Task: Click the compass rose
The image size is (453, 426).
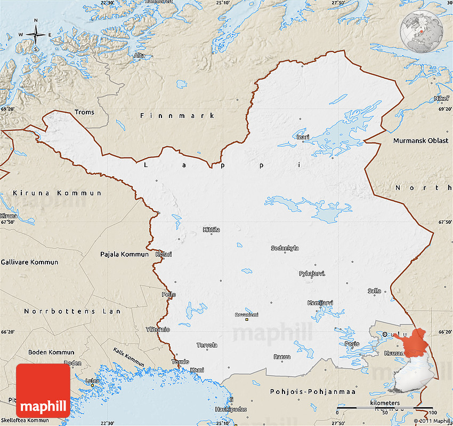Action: pyautogui.click(x=36, y=35)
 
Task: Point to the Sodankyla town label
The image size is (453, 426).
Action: pyautogui.click(x=285, y=248)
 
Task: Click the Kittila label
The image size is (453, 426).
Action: pyautogui.click(x=211, y=230)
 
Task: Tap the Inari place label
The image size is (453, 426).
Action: pyautogui.click(x=303, y=137)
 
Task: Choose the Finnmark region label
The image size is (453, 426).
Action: pyautogui.click(x=177, y=115)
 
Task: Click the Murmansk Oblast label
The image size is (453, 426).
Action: pyautogui.click(x=420, y=140)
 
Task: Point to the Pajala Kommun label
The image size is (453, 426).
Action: pyautogui.click(x=124, y=254)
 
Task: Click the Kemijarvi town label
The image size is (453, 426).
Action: pyautogui.click(x=320, y=303)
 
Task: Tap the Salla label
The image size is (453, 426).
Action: pyautogui.click(x=374, y=291)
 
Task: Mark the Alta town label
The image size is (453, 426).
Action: pyautogui.click(x=140, y=55)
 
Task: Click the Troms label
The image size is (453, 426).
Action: pyautogui.click(x=84, y=112)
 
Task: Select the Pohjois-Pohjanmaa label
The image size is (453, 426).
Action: pyautogui.click(x=312, y=391)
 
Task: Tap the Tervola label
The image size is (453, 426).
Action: pyautogui.click(x=207, y=345)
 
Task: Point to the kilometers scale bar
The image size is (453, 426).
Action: pyautogui.click(x=384, y=408)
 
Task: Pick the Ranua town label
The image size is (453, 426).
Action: pyautogui.click(x=282, y=357)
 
